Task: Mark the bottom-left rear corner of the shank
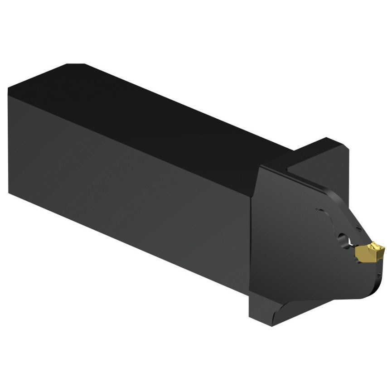[9, 193]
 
